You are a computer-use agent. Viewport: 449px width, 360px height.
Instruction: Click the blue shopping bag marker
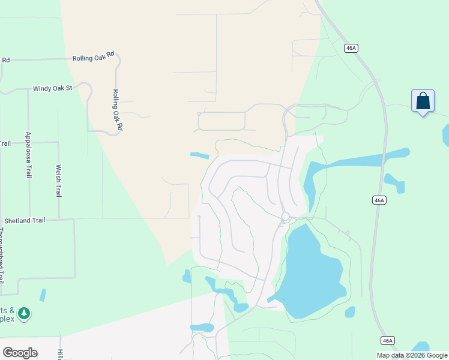(x=423, y=101)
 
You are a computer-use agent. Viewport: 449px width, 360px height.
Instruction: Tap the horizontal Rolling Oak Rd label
(x=93, y=58)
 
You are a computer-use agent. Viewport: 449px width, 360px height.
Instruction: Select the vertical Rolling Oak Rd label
(x=117, y=110)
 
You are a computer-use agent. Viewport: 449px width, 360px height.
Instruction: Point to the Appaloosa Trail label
(x=28, y=155)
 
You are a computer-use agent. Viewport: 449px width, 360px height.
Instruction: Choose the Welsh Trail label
(x=58, y=181)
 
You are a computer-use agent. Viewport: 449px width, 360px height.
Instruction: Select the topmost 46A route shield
(x=351, y=48)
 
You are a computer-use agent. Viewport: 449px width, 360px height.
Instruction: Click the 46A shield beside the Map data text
(x=388, y=341)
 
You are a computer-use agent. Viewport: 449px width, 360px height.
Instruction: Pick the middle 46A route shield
(x=378, y=200)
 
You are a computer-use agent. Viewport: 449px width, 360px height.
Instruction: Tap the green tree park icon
(x=24, y=313)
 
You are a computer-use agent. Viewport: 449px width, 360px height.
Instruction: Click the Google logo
(x=20, y=353)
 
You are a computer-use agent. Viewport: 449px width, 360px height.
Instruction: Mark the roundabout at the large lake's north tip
(x=285, y=217)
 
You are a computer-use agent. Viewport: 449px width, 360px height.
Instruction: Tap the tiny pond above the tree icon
(x=42, y=295)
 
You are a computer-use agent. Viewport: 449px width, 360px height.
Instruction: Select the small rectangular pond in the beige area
(x=199, y=156)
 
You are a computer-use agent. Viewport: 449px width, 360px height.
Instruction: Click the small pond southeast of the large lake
(x=350, y=312)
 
